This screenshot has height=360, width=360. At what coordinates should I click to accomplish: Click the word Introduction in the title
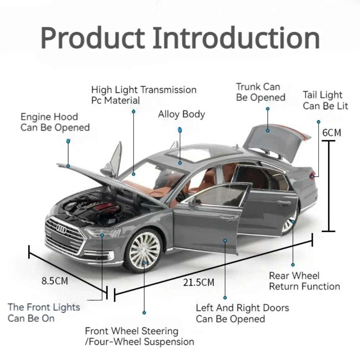point(236,38)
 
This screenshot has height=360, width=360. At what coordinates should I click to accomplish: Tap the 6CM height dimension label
point(331,132)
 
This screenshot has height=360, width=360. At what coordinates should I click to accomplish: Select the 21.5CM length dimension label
point(199,282)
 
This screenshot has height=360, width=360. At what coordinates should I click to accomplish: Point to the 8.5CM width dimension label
point(55,281)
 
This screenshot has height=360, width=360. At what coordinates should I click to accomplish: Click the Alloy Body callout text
point(181,114)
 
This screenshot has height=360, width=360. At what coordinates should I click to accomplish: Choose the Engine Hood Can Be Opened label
point(55,122)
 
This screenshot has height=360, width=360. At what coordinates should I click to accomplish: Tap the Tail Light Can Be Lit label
point(325,100)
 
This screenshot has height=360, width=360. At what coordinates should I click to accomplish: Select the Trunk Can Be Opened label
point(261,92)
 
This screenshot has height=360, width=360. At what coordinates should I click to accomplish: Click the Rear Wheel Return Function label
point(304,281)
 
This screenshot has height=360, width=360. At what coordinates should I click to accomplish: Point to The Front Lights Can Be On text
point(44,312)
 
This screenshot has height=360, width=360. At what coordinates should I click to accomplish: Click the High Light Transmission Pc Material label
point(144,95)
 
